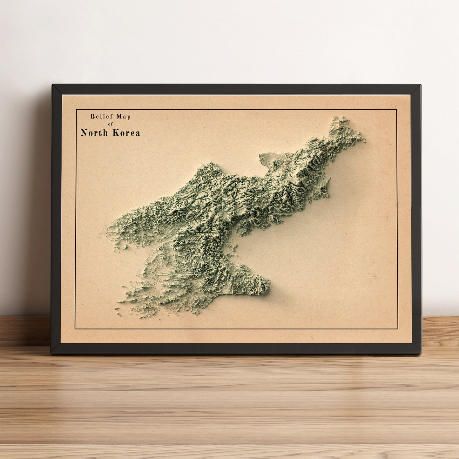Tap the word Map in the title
point(124,117)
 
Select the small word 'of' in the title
point(111,124)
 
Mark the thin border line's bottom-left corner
point(75,329)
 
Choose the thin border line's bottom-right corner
point(398,329)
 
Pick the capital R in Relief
point(92,117)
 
